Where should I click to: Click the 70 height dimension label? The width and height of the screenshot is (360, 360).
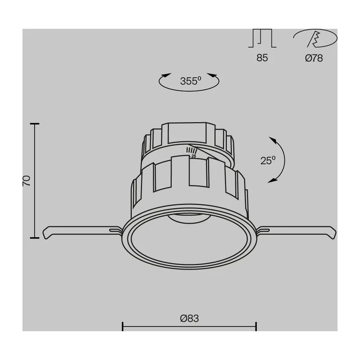[27, 181]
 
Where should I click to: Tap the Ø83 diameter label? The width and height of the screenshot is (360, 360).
[189, 319]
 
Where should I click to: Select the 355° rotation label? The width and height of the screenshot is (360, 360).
[190, 81]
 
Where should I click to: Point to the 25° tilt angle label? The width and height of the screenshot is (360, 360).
[268, 160]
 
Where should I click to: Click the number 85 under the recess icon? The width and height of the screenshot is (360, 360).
[262, 58]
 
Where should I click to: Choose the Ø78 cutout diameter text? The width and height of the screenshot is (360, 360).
[314, 58]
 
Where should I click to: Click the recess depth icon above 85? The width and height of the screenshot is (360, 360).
[262, 38]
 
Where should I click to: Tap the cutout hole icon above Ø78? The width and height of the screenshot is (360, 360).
[315, 38]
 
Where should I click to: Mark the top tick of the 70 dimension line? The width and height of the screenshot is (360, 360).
[35, 124]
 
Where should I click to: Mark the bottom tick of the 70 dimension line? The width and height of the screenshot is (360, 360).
[35, 238]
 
